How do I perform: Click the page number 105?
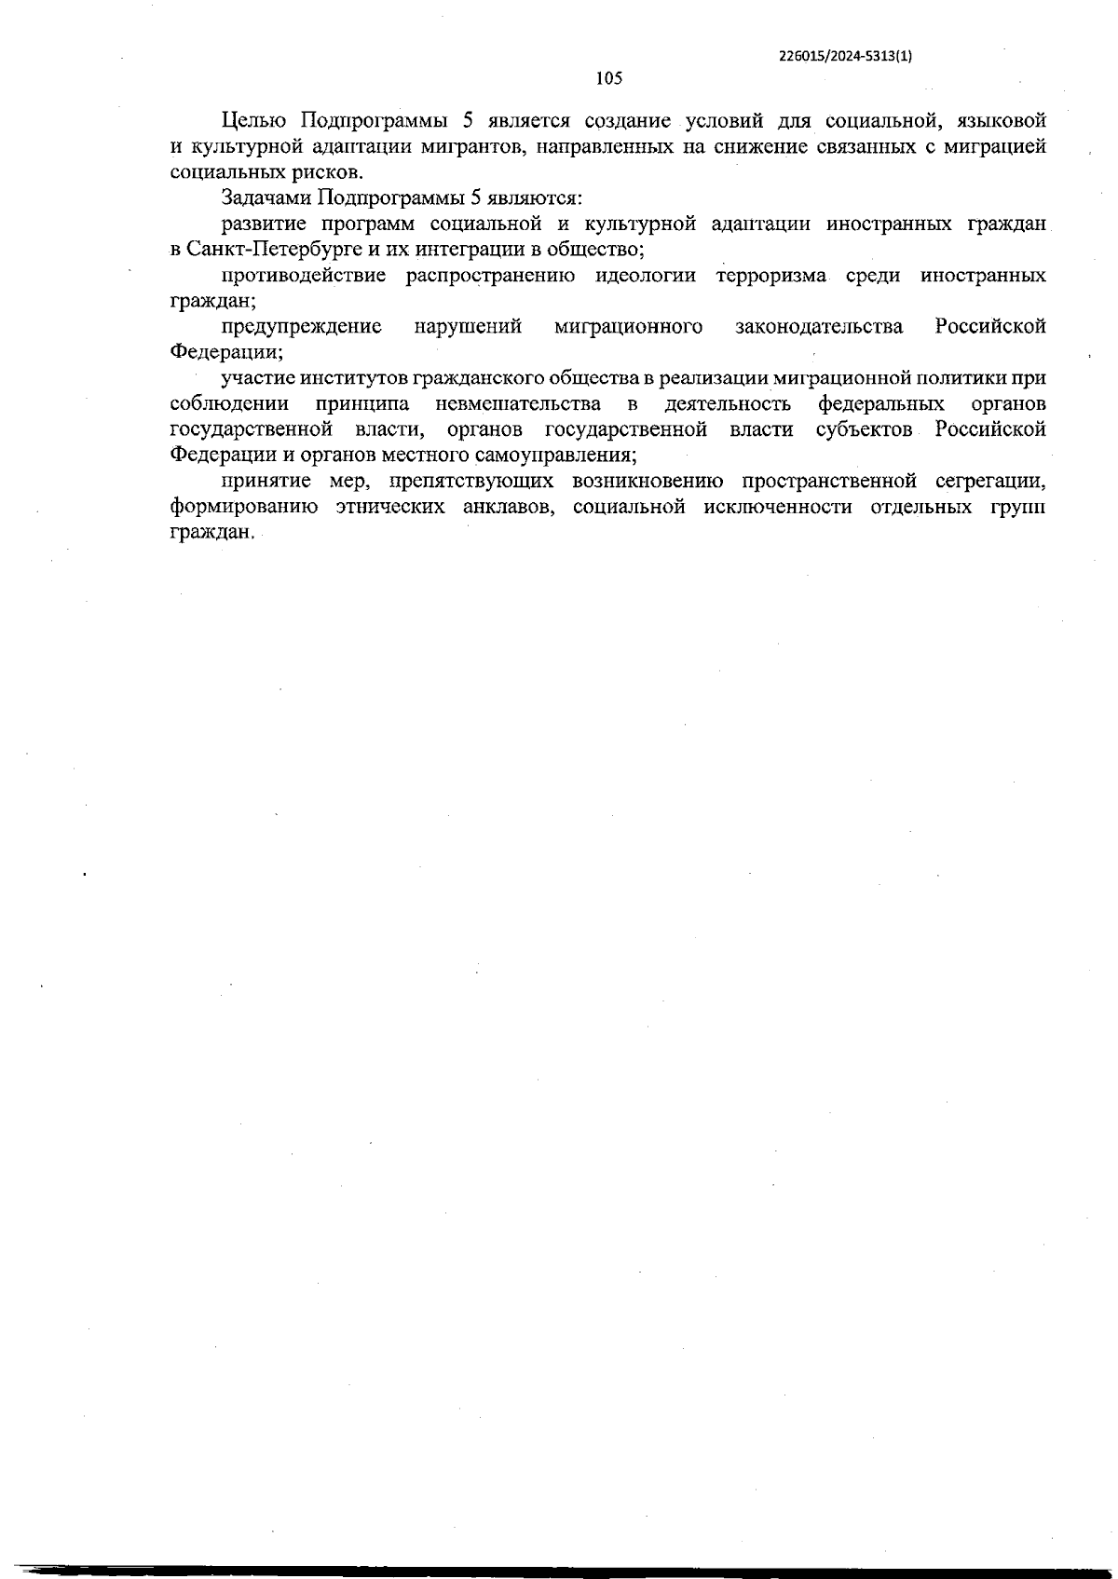pyautogui.click(x=608, y=79)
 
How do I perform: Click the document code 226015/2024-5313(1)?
pyautogui.click(x=845, y=55)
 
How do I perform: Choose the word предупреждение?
pyautogui.click(x=302, y=327)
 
